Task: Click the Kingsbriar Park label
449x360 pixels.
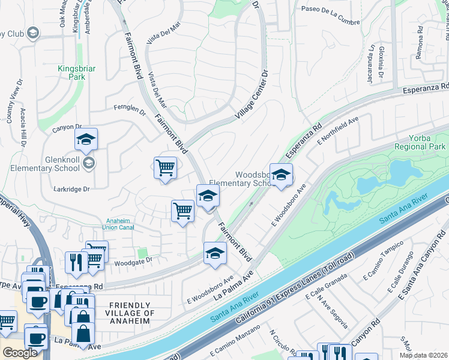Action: (x=76, y=73)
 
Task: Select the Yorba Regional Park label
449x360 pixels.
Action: (x=420, y=142)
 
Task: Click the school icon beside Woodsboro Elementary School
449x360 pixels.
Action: (x=280, y=175)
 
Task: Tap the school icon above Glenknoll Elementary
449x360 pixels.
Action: (x=86, y=140)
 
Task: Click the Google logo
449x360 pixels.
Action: (x=20, y=352)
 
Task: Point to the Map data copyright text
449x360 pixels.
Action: (x=424, y=353)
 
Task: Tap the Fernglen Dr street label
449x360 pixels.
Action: (x=130, y=110)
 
